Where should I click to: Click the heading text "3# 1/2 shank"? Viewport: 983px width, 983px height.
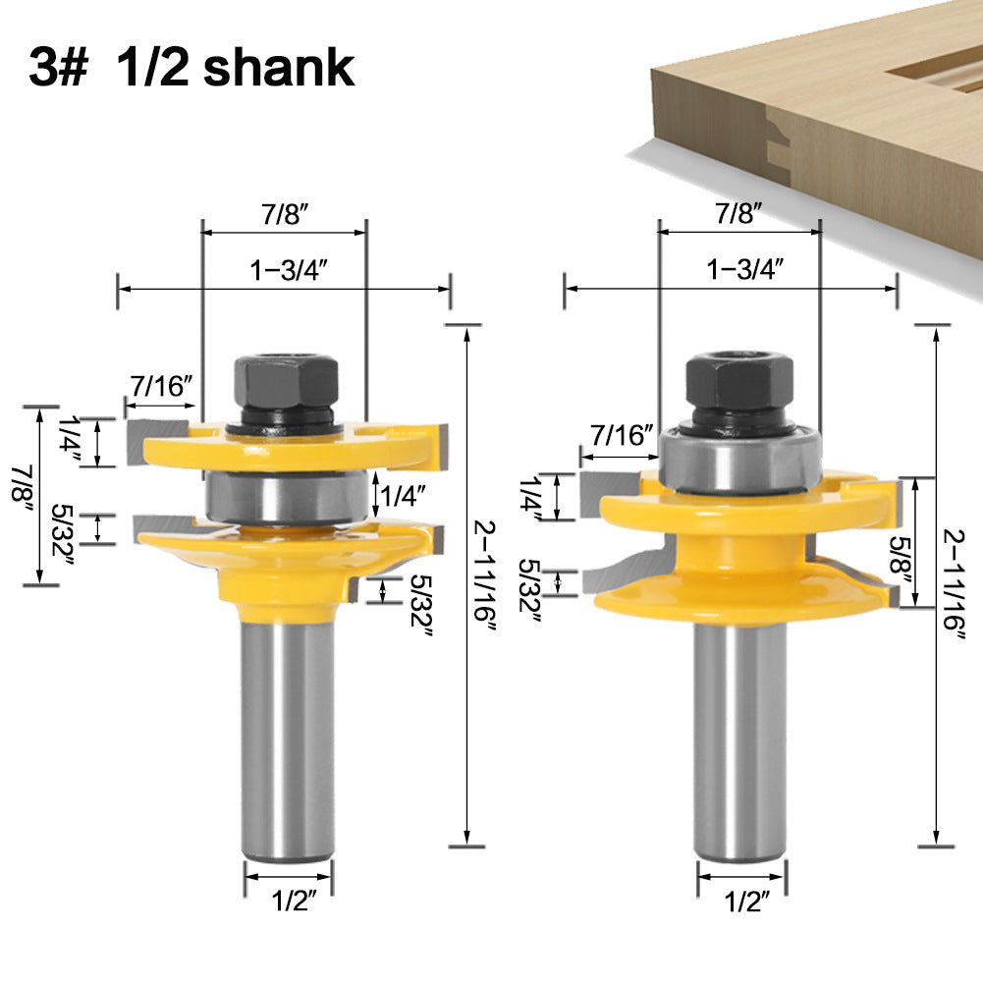click(191, 68)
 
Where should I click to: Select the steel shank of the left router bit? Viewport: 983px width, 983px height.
click(288, 727)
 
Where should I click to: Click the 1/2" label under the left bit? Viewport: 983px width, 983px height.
click(288, 901)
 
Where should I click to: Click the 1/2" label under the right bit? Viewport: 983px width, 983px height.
click(741, 900)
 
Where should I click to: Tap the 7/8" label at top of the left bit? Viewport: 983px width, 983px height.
click(282, 217)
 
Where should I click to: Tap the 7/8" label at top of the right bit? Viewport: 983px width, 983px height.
click(738, 213)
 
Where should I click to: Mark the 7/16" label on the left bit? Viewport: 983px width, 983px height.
click(156, 386)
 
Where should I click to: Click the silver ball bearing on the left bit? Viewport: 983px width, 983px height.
click(287, 493)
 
